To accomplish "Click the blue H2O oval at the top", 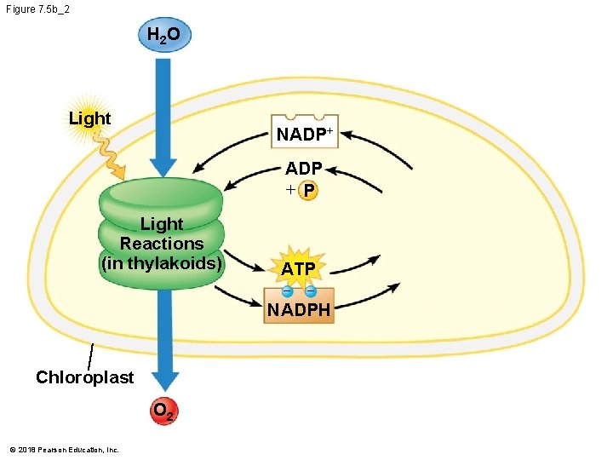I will click(163, 36).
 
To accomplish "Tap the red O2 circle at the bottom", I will click(163, 412).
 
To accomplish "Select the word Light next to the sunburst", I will click(89, 118).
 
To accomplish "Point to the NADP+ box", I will click(304, 133).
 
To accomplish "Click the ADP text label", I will click(303, 169).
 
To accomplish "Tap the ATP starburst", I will click(298, 268).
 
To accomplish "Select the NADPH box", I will click(298, 309).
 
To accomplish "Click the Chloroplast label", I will click(84, 377).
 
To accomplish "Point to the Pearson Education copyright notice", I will click(64, 449).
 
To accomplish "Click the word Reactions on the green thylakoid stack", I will click(162, 244).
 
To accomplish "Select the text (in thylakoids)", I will click(162, 263).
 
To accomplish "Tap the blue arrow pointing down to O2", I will click(163, 341).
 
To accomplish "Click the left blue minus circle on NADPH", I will click(287, 293).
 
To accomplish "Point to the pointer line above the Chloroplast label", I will click(89, 357).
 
